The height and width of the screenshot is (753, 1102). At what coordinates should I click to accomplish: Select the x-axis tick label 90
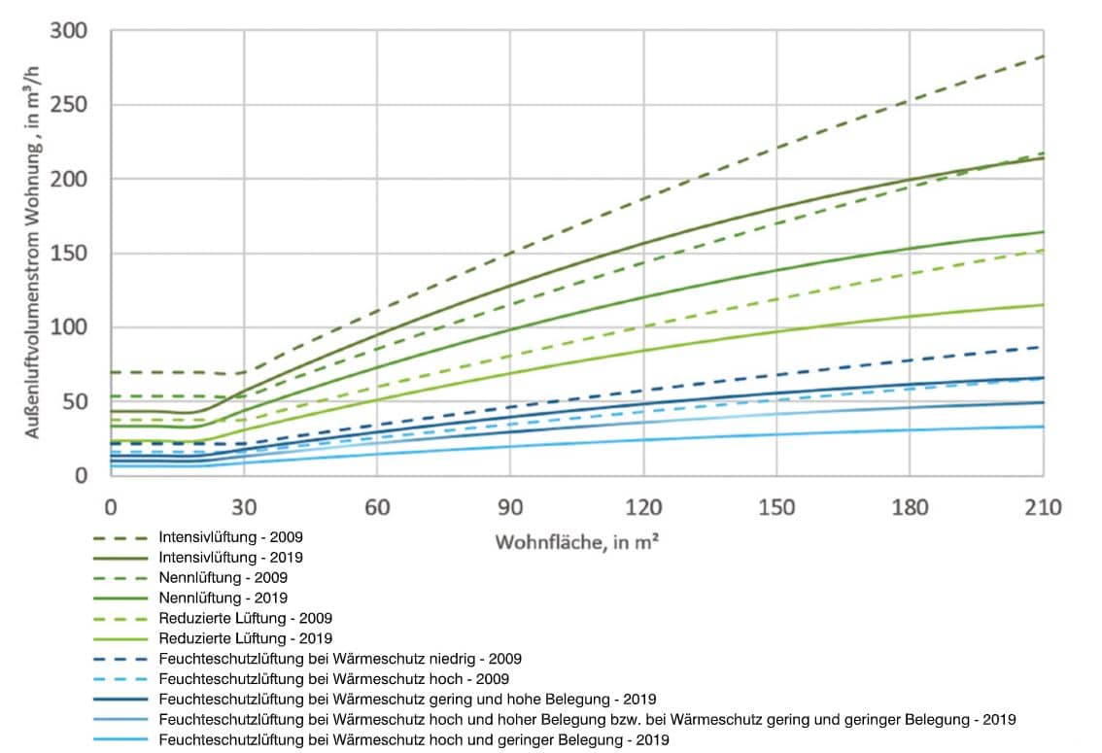tap(510, 507)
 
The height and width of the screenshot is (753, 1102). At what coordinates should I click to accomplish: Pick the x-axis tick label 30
tap(244, 507)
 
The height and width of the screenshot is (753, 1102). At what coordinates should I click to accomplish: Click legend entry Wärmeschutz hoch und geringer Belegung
tap(413, 739)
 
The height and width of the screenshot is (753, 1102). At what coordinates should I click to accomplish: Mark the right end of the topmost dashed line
tap(1043, 56)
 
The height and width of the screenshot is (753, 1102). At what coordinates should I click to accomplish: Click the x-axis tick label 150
tap(776, 507)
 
